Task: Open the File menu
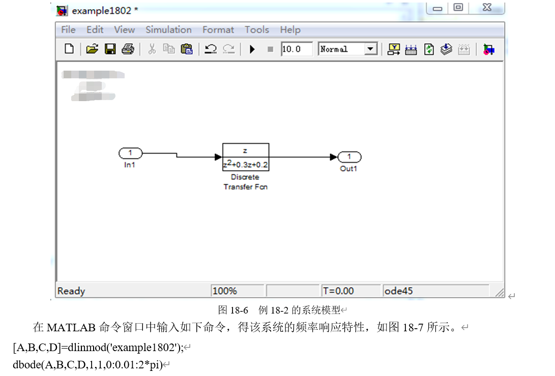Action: point(68,30)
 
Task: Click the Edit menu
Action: point(95,30)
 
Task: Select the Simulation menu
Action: point(168,30)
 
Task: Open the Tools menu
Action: point(256,30)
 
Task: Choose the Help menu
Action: point(290,30)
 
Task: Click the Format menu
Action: point(218,30)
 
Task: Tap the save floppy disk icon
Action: point(110,49)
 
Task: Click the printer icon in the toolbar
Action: point(128,49)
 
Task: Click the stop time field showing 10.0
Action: point(296,49)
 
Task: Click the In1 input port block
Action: point(130,153)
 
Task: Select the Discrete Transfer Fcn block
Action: point(246,157)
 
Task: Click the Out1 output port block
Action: point(349,157)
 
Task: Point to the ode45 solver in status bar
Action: point(399,291)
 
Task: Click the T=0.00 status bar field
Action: point(338,291)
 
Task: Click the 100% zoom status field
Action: point(225,291)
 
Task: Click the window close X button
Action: point(487,8)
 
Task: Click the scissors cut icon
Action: point(152,49)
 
